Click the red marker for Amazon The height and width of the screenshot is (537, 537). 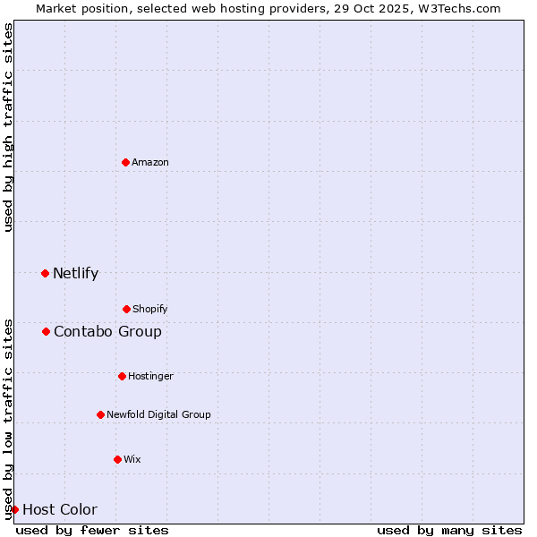coord(125,162)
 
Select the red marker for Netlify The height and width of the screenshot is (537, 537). coord(45,273)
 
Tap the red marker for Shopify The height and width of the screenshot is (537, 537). coord(126,309)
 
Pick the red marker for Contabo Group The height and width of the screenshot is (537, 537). coord(46,331)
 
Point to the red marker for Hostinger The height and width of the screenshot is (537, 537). coord(122,376)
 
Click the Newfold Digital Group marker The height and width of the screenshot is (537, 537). coord(100,414)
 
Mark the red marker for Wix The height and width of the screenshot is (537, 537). coord(117,459)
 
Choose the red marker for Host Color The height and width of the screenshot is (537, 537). coord(14,509)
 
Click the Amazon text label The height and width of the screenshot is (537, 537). coord(150,162)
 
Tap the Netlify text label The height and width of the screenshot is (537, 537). coord(75,274)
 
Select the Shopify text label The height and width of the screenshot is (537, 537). coord(149,310)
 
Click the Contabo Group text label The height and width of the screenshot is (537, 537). coord(107,332)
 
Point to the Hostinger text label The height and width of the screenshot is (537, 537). coord(150,377)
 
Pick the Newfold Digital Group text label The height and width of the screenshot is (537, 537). coord(158,415)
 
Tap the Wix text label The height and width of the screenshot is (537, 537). coord(132,460)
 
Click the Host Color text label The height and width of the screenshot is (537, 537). coord(59,510)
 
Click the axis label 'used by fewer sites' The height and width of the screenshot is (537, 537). coord(92,530)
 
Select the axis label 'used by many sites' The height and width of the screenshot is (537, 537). coord(449,530)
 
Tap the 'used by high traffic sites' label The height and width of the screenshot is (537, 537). coord(8,127)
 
